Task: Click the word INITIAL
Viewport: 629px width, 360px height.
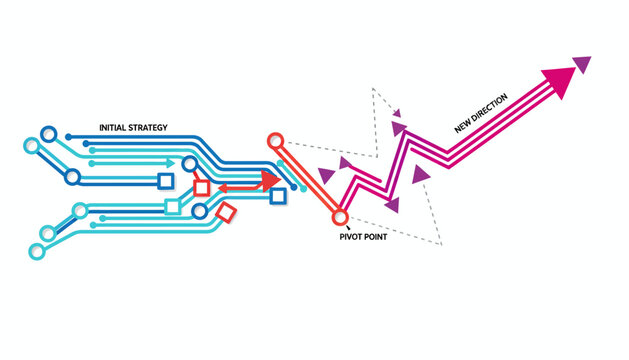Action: tap(113, 127)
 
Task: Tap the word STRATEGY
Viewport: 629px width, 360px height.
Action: tap(148, 127)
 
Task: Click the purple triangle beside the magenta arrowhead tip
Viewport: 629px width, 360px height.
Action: tap(582, 64)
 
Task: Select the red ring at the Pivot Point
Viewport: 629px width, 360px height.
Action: tap(340, 216)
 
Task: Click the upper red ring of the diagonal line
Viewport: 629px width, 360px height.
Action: tap(276, 141)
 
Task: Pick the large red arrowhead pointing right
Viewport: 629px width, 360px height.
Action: tap(269, 182)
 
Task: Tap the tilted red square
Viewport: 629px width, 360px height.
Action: tap(227, 212)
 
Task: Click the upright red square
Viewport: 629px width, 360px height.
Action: tap(202, 187)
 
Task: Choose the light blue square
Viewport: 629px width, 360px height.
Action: tap(173, 207)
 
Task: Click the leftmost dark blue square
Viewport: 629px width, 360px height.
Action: tap(167, 181)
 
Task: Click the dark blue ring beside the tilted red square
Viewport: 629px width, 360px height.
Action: tap(199, 211)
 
